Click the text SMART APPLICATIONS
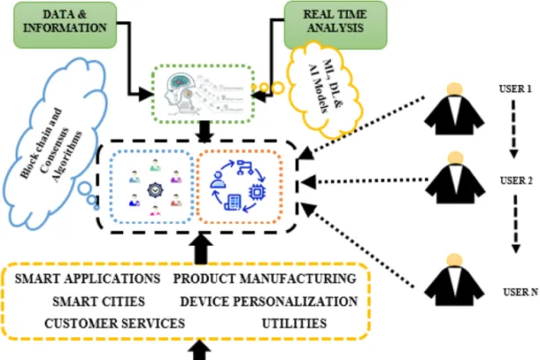(x=89, y=278)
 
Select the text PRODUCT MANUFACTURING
(x=264, y=278)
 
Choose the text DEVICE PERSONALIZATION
(x=268, y=301)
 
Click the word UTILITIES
(x=294, y=323)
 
